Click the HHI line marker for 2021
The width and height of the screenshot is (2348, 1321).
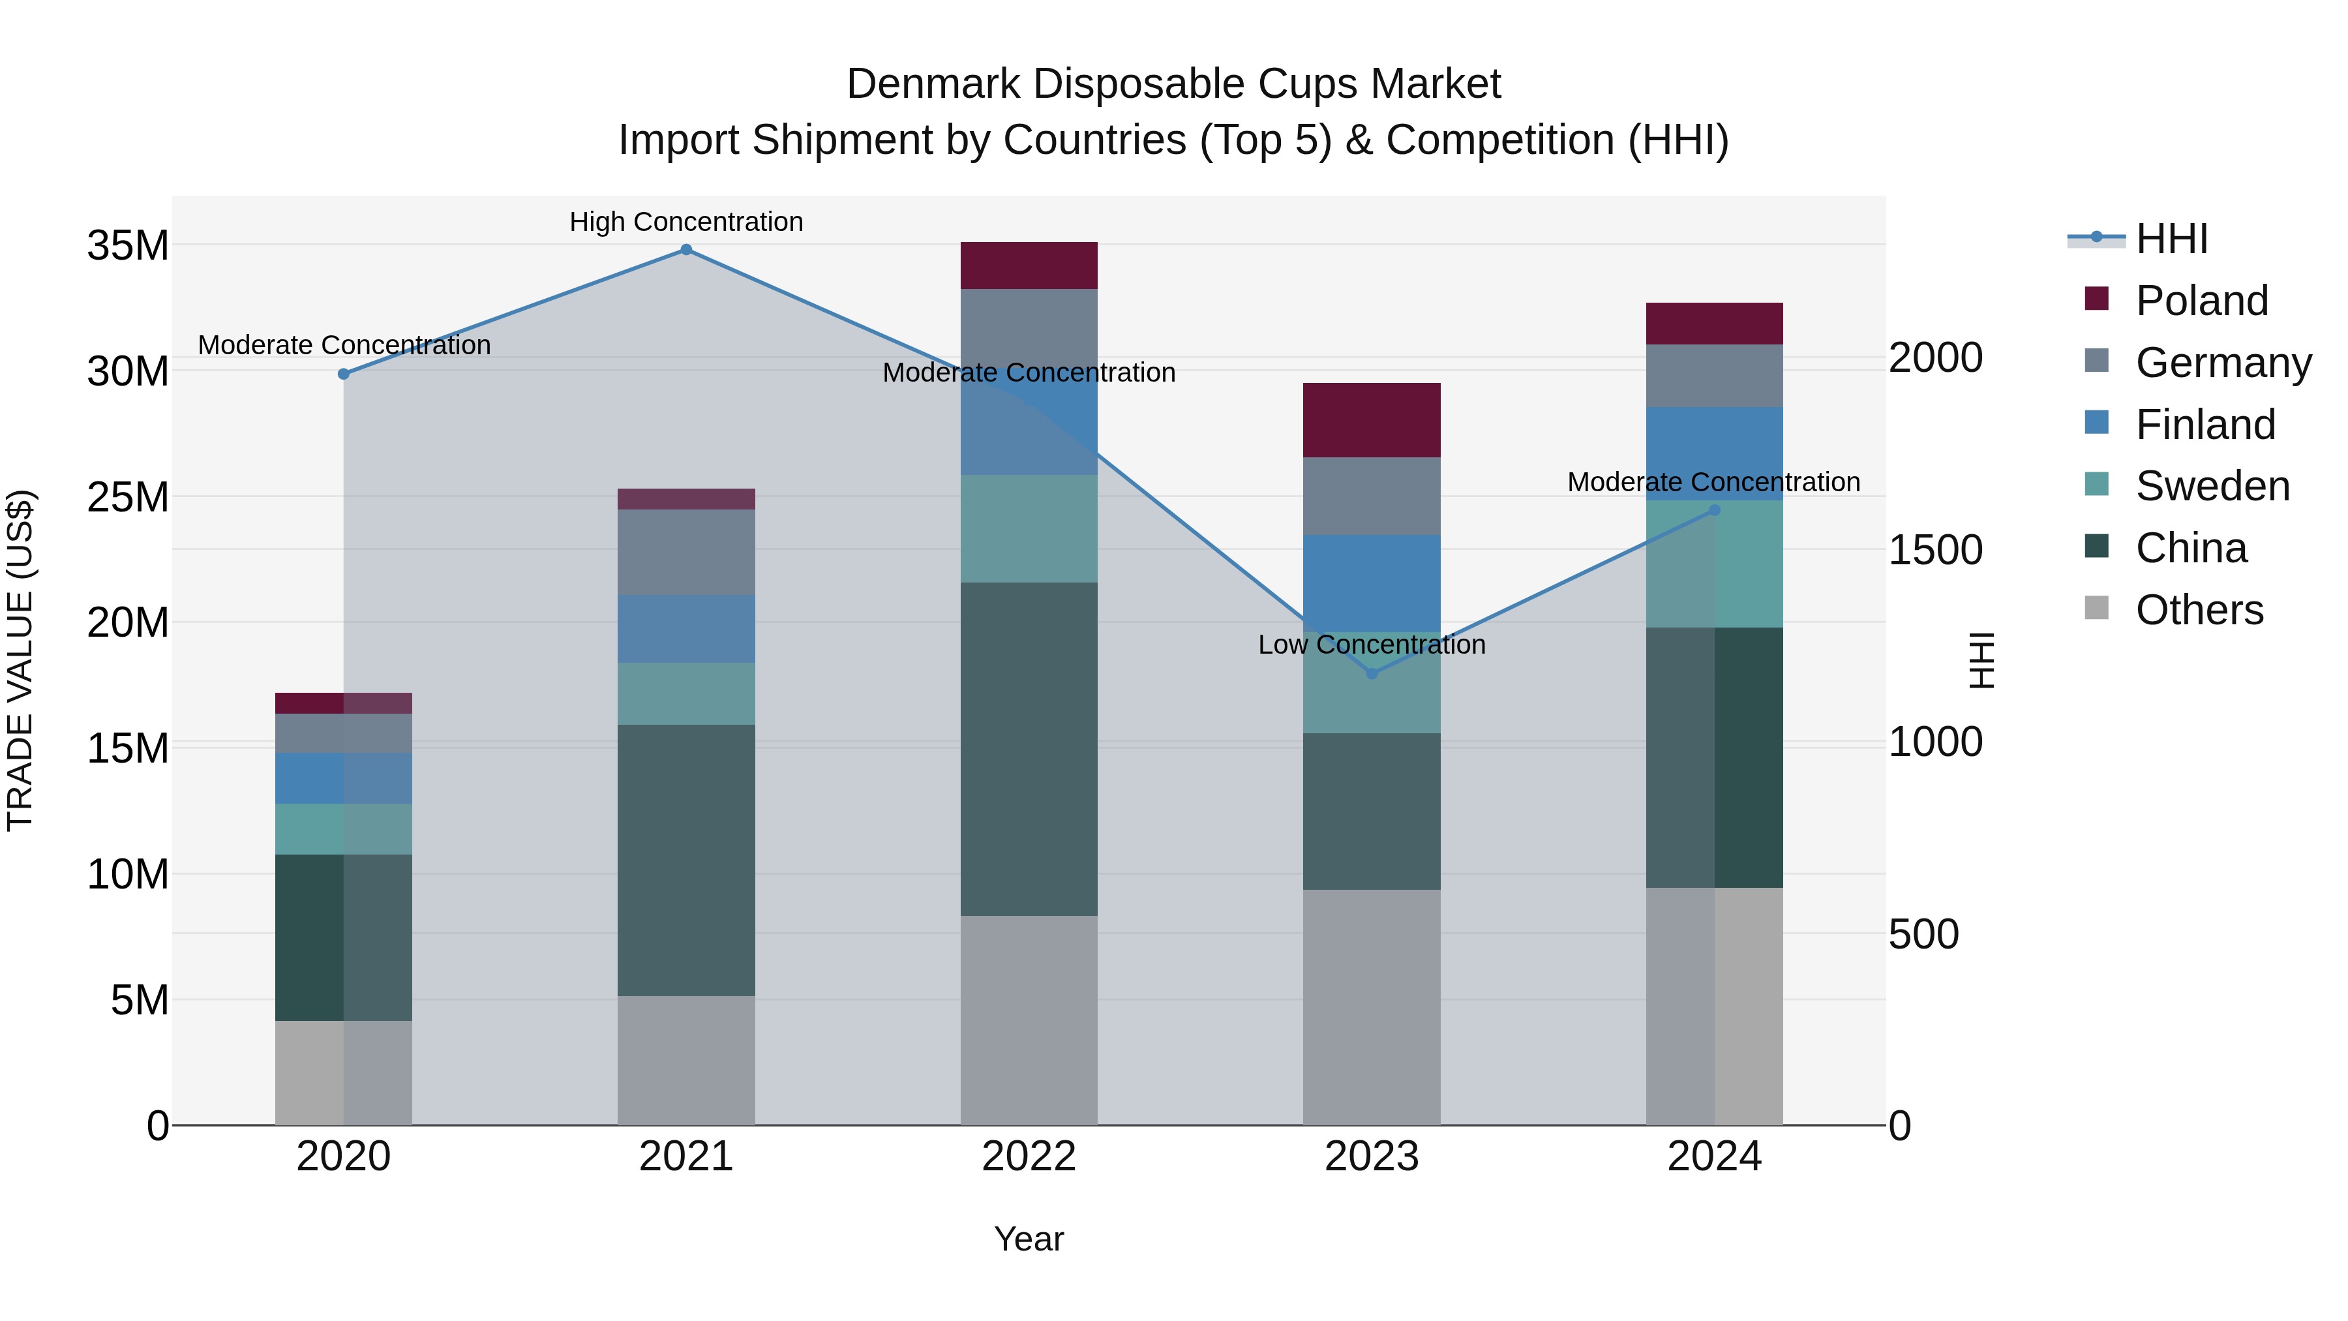686,250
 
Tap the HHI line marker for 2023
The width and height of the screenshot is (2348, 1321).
1372,674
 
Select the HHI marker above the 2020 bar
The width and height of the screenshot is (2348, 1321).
344,374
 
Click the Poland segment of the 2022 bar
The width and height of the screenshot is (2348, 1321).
1029,266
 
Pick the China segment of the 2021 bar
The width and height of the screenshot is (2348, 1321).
686,860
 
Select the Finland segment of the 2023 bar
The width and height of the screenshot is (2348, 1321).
1372,583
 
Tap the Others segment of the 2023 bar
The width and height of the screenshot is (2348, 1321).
1372,1007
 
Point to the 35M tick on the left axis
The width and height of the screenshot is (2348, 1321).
128,246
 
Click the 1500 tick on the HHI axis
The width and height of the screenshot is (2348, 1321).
1934,550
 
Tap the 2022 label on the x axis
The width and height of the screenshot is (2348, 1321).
1029,1157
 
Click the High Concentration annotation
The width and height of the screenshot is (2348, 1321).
686,222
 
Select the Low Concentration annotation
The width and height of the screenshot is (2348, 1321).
1372,645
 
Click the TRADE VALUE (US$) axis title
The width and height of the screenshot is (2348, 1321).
20,660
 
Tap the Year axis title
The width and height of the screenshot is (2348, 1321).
1029,1239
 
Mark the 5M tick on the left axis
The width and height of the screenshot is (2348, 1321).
140,1000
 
